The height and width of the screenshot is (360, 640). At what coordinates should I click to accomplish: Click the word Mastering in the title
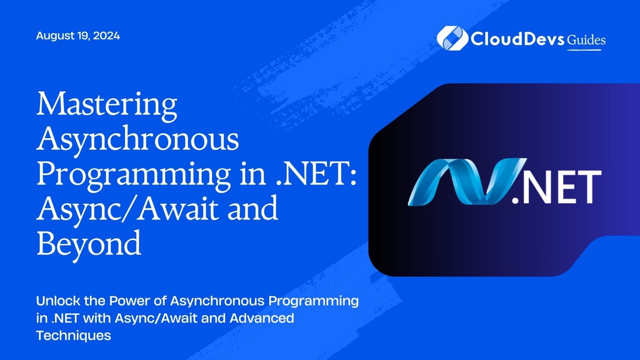point(107,105)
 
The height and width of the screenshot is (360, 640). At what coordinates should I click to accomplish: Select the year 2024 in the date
point(107,36)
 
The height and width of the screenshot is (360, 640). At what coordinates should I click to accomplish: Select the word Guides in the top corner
point(586,40)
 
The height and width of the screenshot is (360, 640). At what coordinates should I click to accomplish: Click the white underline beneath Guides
point(584,50)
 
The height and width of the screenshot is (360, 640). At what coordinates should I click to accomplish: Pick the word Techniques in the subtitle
point(74,335)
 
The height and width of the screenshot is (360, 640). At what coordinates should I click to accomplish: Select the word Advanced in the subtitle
point(262,318)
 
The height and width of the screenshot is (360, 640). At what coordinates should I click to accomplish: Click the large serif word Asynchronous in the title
point(137,140)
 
